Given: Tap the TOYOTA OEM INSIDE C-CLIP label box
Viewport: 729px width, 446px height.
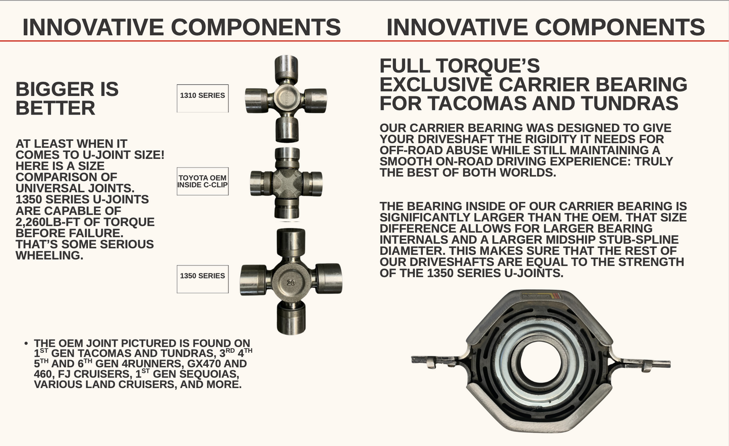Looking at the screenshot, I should pyautogui.click(x=202, y=181).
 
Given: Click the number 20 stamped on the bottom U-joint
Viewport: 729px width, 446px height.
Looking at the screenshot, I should pyautogui.click(x=291, y=283).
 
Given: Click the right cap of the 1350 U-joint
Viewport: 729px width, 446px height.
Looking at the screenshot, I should pyautogui.click(x=329, y=278).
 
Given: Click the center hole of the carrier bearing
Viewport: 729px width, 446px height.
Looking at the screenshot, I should pyautogui.click(x=541, y=361).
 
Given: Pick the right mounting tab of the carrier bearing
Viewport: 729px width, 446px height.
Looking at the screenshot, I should pyautogui.click(x=651, y=362).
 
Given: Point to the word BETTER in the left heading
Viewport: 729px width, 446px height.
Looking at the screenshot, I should pyautogui.click(x=55, y=108).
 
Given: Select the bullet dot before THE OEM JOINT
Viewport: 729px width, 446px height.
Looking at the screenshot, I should pyautogui.click(x=26, y=344).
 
